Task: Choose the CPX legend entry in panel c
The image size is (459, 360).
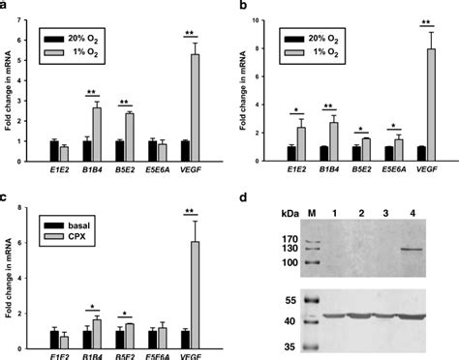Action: coord(61,221)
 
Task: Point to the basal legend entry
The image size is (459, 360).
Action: coord(63,207)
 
